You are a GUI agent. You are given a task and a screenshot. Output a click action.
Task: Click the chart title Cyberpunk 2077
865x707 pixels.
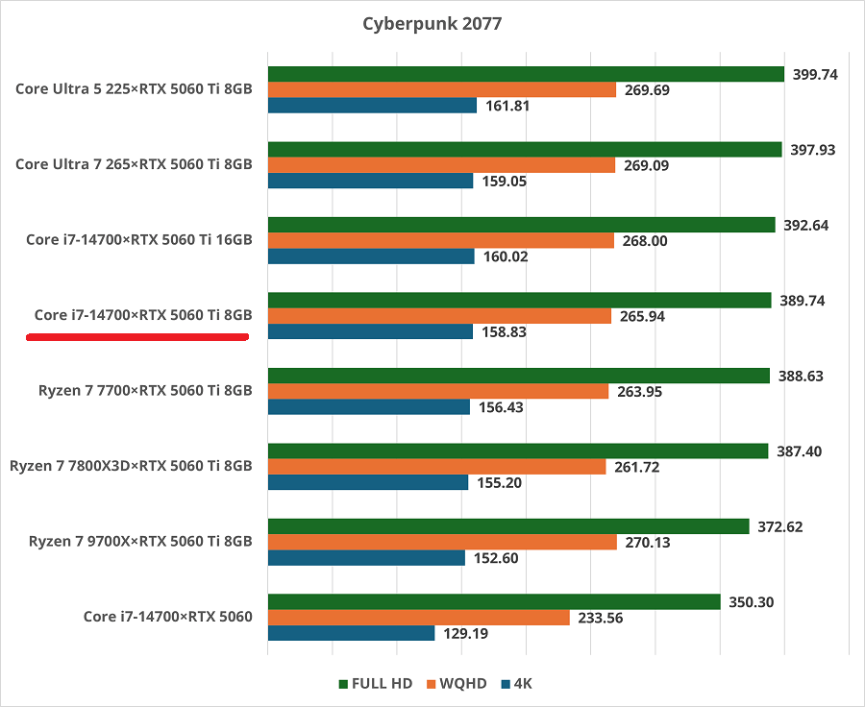(432, 23)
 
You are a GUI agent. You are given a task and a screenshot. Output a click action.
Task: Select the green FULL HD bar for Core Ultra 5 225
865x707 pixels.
(526, 74)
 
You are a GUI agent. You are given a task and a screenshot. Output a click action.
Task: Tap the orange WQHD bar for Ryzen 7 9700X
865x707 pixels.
(442, 543)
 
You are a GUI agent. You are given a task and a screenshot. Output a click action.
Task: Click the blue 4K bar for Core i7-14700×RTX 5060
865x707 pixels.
(351, 634)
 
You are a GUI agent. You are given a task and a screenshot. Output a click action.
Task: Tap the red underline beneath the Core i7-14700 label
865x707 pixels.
(137, 337)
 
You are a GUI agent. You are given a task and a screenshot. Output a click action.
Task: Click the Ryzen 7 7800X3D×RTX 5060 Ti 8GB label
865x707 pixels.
(132, 466)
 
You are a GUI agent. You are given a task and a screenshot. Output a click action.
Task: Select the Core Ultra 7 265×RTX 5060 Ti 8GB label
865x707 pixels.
(134, 164)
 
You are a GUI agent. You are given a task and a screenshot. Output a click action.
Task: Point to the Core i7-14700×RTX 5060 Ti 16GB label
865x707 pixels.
(139, 239)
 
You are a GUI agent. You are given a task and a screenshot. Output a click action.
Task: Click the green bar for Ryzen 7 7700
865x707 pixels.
(519, 376)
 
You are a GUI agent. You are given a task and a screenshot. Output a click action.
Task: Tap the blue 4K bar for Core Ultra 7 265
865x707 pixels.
(370, 181)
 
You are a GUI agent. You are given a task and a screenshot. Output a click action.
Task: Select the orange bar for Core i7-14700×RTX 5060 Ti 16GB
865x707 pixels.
(440, 241)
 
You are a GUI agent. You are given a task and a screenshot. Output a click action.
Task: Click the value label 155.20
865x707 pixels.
(500, 482)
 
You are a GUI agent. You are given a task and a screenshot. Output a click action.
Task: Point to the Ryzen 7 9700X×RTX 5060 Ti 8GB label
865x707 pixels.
(132, 542)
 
